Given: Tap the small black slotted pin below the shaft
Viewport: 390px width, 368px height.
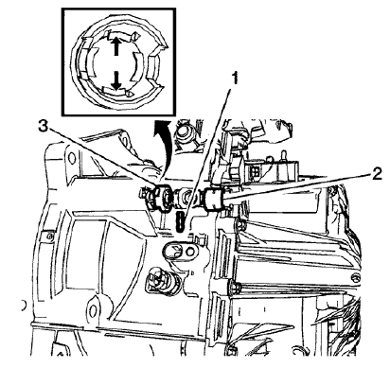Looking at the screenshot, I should [180, 219].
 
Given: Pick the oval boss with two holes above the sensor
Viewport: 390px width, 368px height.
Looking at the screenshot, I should [178, 249].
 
